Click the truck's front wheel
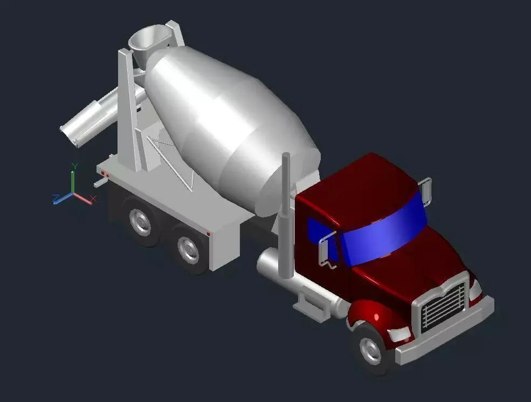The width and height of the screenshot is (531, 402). [370, 348]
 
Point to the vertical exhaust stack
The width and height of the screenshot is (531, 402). [285, 216]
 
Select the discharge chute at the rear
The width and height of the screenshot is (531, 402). [89, 121]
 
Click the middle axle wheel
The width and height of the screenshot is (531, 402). [189, 249]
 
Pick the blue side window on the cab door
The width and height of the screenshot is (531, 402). [318, 235]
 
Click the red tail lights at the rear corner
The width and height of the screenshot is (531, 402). [105, 174]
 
